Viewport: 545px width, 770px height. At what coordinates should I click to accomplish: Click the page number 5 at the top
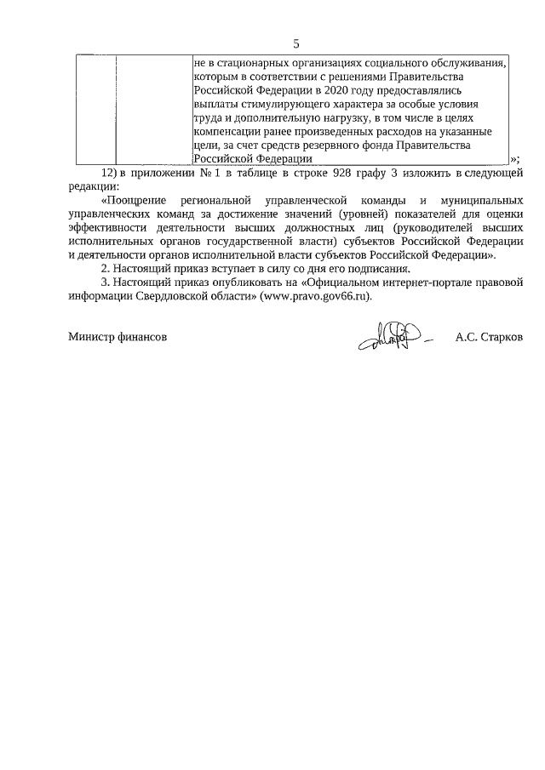click(296, 44)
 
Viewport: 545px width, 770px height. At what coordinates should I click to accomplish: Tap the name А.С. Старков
click(489, 337)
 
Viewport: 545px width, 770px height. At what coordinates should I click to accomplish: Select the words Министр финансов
click(118, 337)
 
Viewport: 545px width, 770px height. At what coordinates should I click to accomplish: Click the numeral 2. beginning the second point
click(106, 269)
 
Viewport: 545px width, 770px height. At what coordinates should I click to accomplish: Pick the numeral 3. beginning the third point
click(106, 283)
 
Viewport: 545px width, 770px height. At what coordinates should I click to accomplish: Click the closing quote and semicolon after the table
click(515, 160)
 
